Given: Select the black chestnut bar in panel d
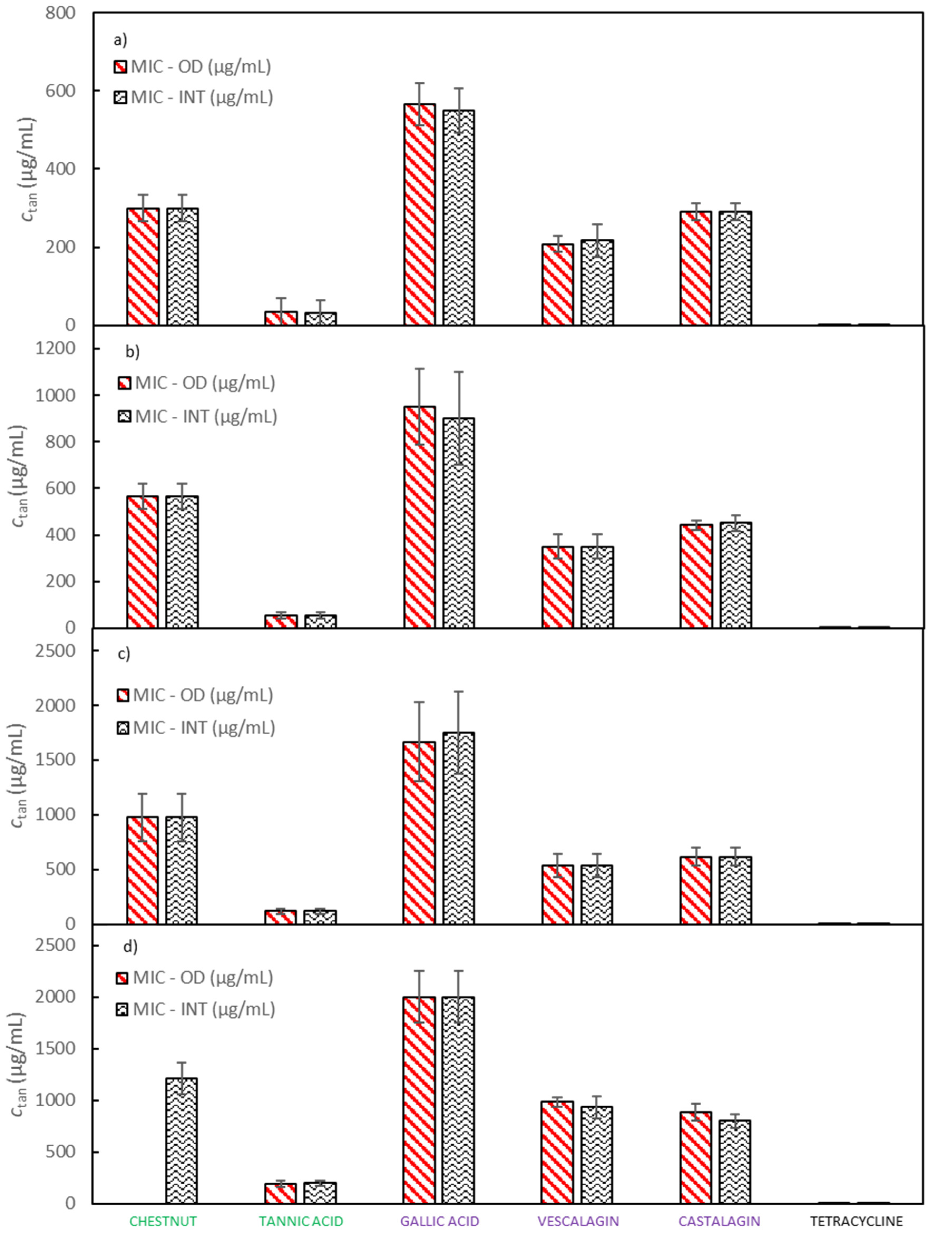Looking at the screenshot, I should (x=181, y=1141).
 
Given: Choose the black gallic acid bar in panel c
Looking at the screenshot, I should (x=459, y=828).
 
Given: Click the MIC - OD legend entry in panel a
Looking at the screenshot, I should (x=193, y=66).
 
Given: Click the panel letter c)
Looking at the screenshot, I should (x=124, y=653).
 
